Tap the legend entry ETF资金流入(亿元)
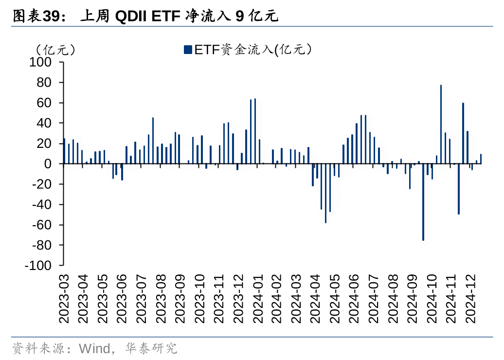tap(248, 49)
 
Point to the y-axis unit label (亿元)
tap(55, 49)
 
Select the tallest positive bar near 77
tap(441, 125)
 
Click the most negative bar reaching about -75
tap(423, 202)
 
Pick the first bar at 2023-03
tap(64, 151)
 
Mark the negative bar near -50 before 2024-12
tap(459, 189)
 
